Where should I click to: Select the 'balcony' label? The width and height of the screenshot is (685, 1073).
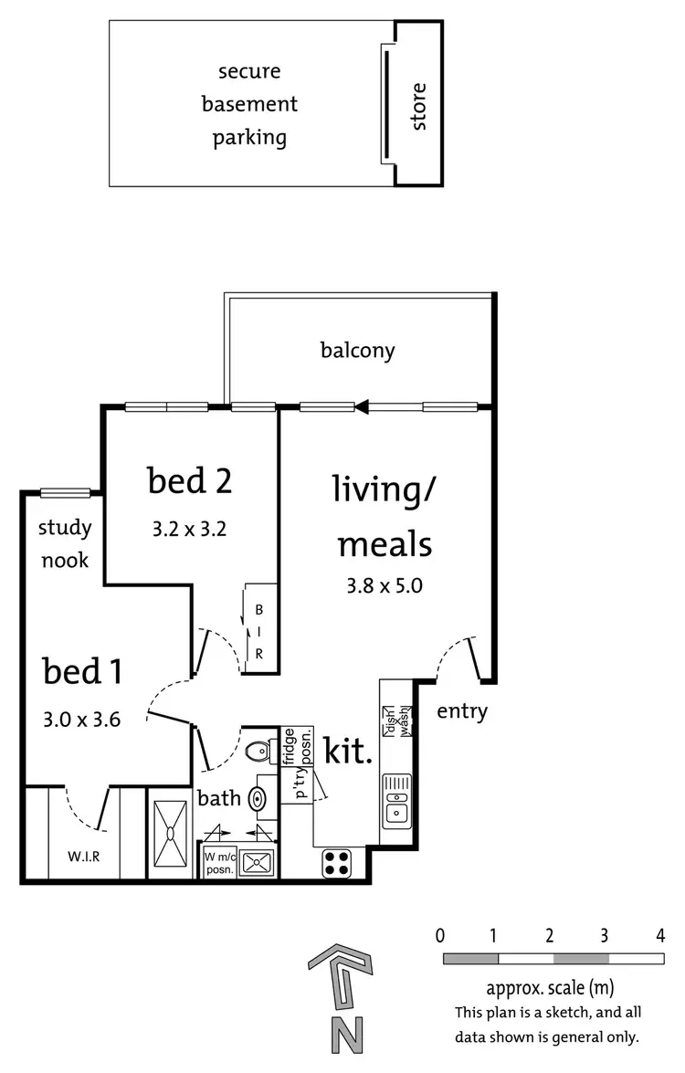tap(357, 350)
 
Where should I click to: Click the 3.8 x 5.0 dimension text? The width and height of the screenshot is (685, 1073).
tap(385, 586)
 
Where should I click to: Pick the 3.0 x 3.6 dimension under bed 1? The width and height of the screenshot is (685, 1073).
tap(83, 719)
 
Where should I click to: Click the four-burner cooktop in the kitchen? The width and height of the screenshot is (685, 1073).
tap(336, 863)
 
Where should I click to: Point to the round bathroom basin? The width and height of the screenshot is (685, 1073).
tap(258, 799)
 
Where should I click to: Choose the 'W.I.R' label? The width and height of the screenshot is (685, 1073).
tap(83, 857)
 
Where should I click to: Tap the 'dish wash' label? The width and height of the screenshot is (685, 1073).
tap(398, 721)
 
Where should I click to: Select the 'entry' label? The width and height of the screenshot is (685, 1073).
tap(462, 711)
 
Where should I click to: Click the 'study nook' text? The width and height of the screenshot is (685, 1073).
tap(65, 543)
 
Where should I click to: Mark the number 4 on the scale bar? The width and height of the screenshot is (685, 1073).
tap(660, 935)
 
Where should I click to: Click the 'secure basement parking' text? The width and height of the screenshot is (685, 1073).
tap(249, 105)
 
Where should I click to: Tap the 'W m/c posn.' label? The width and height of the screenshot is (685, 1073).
tap(222, 863)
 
